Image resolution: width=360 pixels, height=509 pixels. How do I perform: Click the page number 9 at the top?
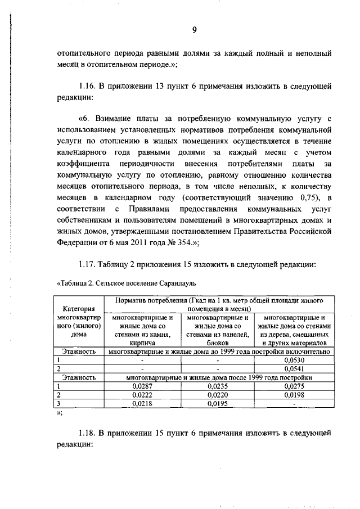tap(193, 30)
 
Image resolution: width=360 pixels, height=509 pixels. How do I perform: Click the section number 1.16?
tap(87, 87)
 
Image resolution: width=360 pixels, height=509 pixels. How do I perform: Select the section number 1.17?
tap(87, 264)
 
